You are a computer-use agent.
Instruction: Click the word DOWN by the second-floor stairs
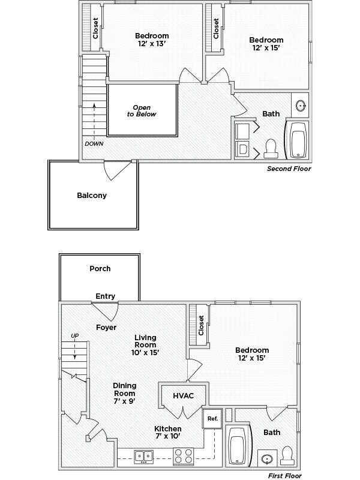click(x=94, y=143)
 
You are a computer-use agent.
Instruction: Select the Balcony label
click(x=92, y=195)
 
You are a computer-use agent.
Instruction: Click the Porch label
click(x=100, y=268)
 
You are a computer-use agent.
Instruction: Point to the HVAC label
click(x=182, y=396)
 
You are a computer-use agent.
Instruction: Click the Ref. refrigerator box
click(x=212, y=418)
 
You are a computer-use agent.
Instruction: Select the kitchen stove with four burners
click(x=183, y=456)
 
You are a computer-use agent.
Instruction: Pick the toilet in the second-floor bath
click(x=270, y=146)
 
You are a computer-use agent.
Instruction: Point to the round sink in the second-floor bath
click(x=301, y=106)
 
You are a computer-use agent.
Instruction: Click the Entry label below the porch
click(x=105, y=296)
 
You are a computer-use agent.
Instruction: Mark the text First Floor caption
click(x=284, y=476)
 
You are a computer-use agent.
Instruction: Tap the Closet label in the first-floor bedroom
click(x=202, y=326)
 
